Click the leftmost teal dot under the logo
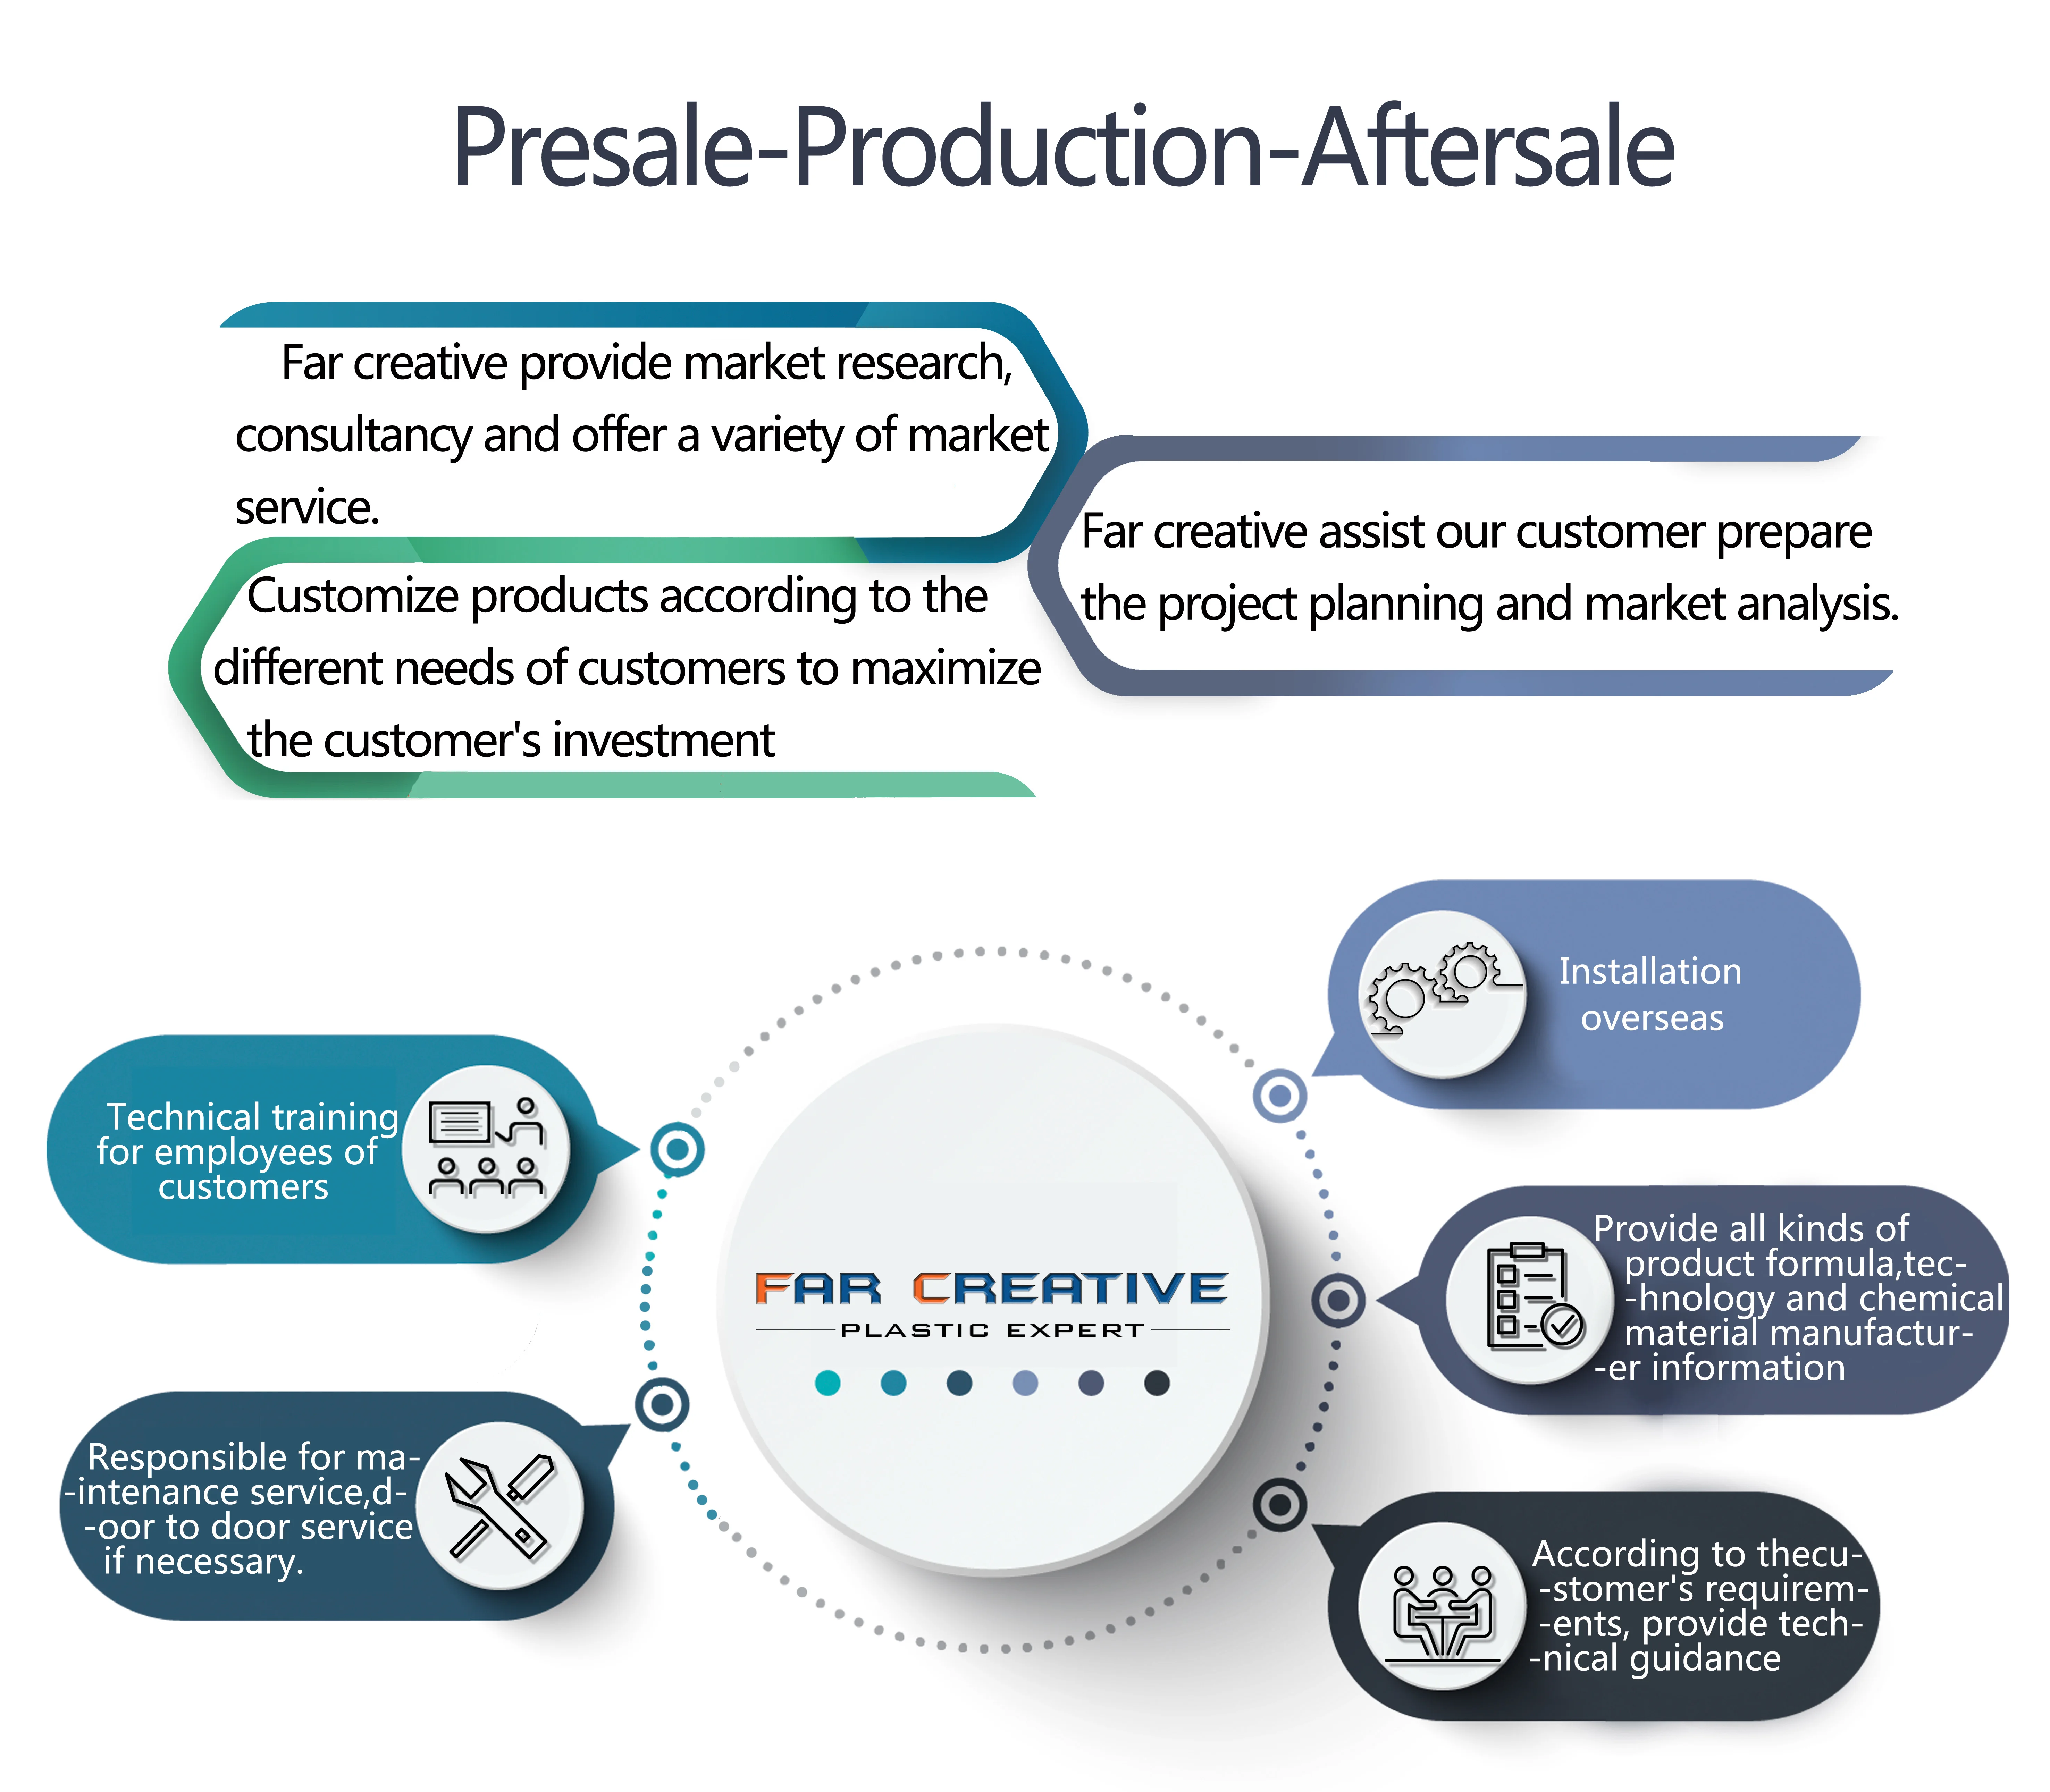pyautogui.click(x=828, y=1383)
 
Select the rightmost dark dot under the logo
pyautogui.click(x=1157, y=1383)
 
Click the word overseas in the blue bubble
pyautogui.click(x=1652, y=1018)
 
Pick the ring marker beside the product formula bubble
pyautogui.click(x=1338, y=1300)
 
